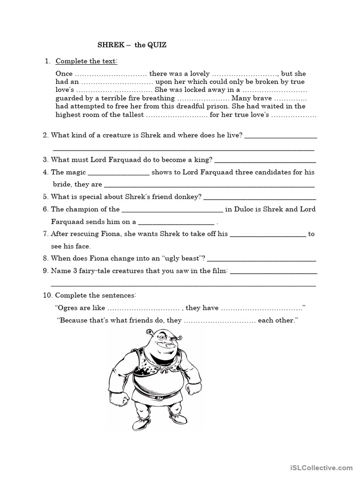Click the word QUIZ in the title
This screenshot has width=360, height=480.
click(157, 45)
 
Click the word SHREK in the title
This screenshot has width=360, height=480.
click(109, 45)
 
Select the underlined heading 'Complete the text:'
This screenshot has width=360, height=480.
click(87, 61)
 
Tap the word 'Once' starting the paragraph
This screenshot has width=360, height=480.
click(64, 74)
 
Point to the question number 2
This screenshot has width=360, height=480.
click(45, 135)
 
